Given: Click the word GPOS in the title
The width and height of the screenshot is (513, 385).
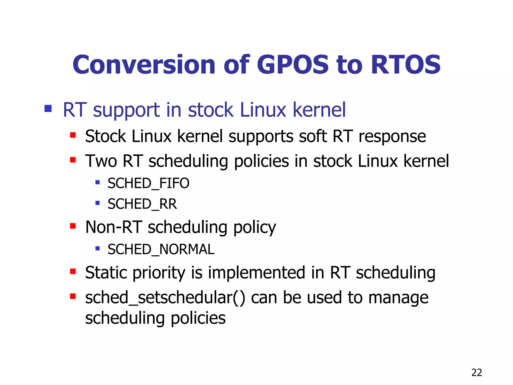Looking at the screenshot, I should (293, 65).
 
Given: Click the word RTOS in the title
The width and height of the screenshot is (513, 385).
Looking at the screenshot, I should (406, 65).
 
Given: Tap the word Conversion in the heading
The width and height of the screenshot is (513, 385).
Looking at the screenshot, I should (144, 65).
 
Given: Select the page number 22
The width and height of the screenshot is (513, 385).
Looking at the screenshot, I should (476, 373).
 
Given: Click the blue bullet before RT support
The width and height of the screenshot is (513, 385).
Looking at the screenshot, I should (48, 109).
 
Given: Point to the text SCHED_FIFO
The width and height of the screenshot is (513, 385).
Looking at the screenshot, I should (148, 183).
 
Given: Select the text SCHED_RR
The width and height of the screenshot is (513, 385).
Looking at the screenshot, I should (142, 204).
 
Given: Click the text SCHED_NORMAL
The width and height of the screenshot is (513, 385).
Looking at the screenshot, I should (161, 249).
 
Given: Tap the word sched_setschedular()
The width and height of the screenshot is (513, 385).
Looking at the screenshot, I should (165, 298).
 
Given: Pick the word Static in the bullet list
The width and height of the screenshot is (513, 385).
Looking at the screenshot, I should (107, 273).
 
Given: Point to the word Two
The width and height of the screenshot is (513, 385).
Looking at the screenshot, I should (101, 161).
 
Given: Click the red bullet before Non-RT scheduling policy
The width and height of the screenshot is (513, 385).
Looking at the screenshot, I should (73, 226).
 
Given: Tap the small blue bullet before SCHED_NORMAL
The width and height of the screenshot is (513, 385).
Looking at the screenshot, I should (98, 249).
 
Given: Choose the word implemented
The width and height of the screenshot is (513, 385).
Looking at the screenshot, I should (256, 273).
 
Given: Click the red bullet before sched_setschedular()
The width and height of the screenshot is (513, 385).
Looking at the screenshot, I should (73, 297).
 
